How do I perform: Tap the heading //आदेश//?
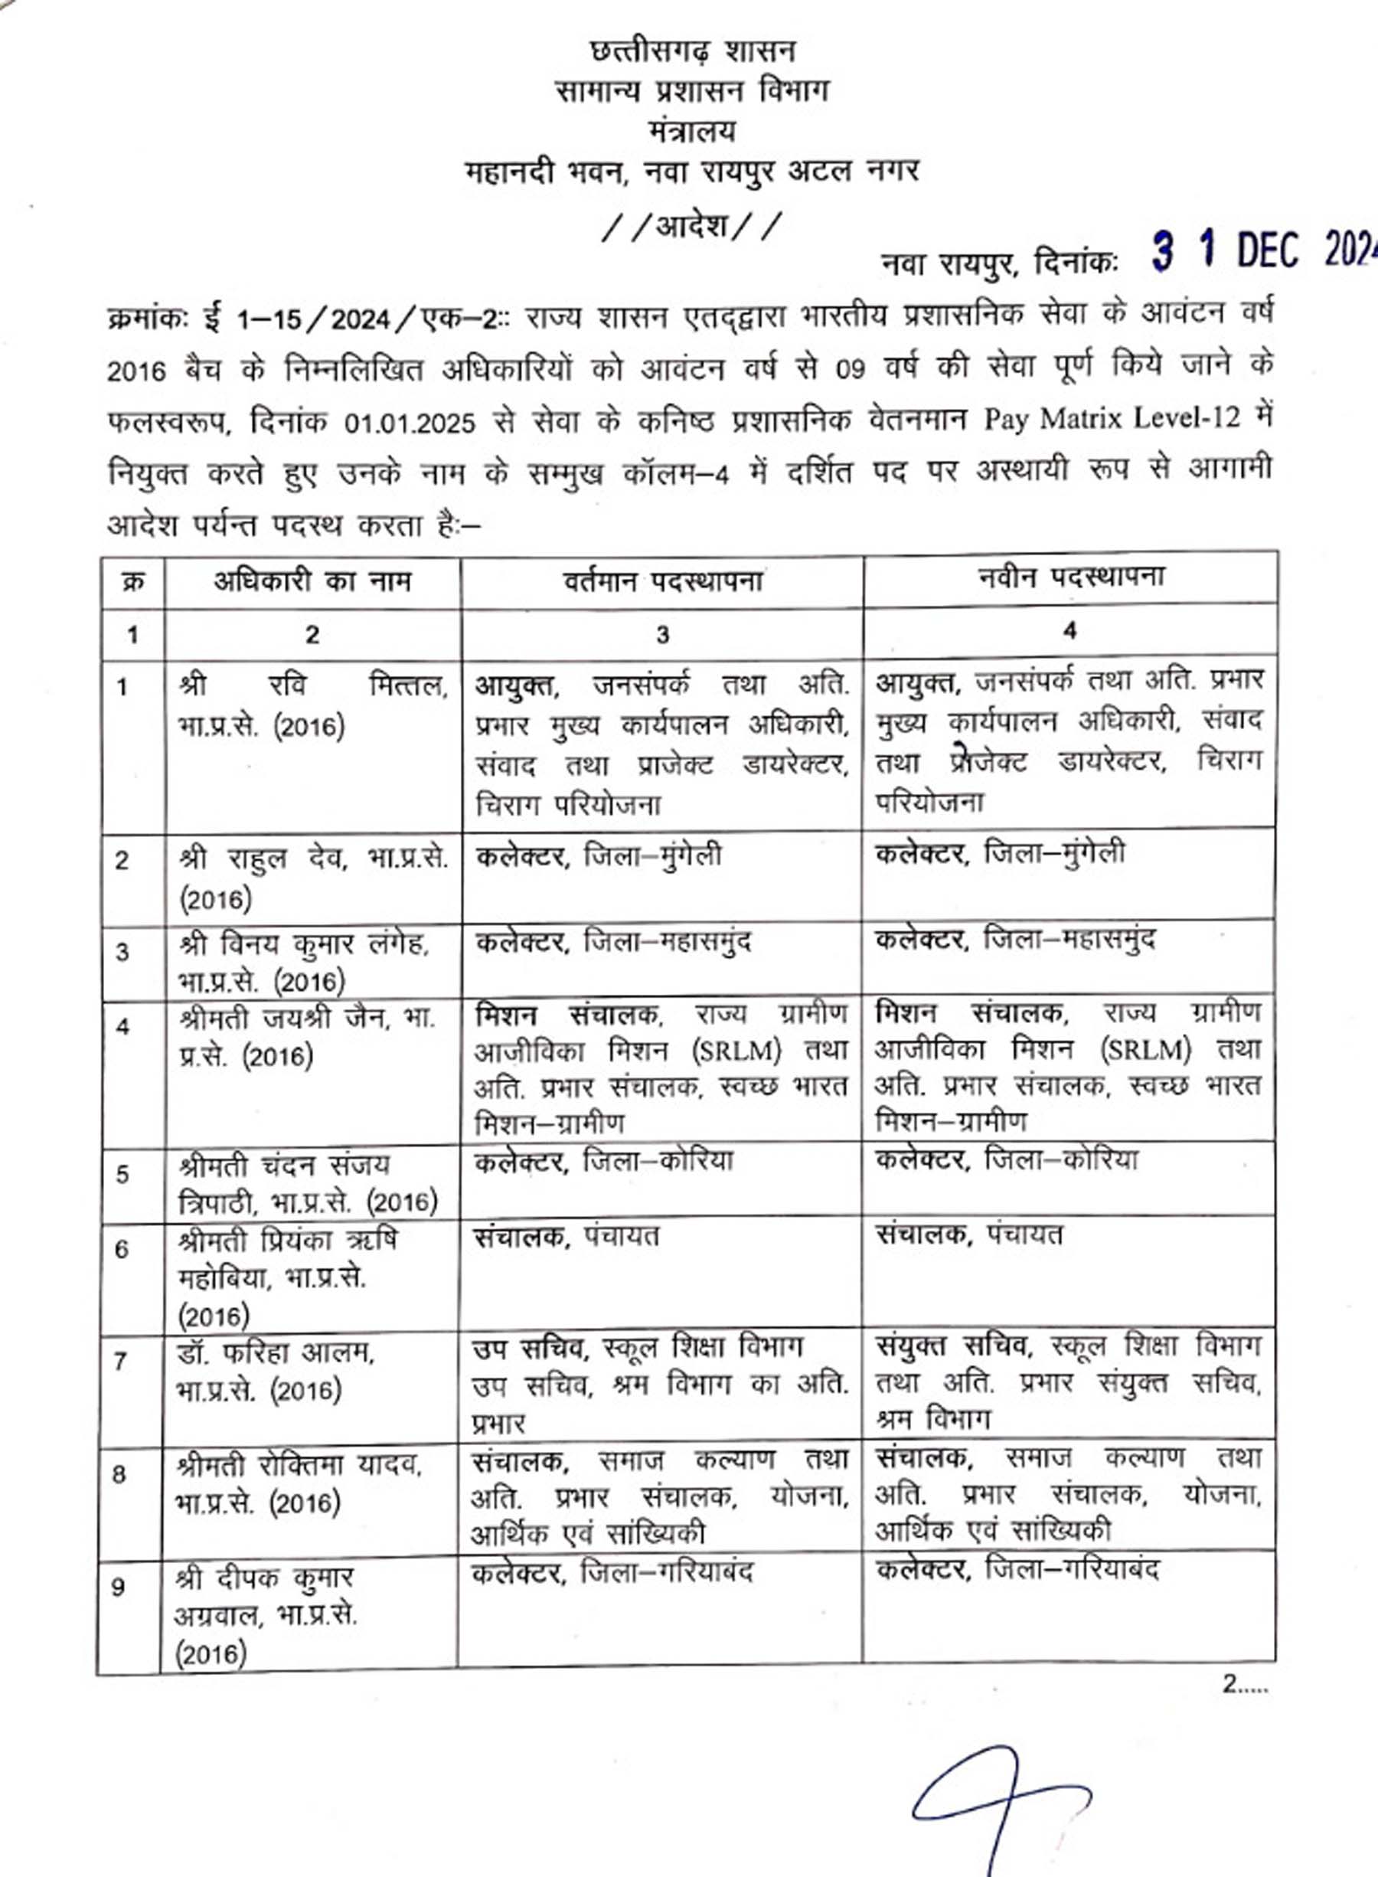[692, 226]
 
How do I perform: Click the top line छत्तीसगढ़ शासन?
[692, 52]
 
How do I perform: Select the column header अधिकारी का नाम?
[312, 580]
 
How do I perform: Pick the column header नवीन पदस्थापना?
[1070, 577]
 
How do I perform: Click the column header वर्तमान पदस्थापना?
[662, 580]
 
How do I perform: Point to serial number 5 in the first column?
[122, 1175]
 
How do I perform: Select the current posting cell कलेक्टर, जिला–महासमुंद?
[613, 943]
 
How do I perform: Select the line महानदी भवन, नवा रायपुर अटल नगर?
[692, 172]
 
